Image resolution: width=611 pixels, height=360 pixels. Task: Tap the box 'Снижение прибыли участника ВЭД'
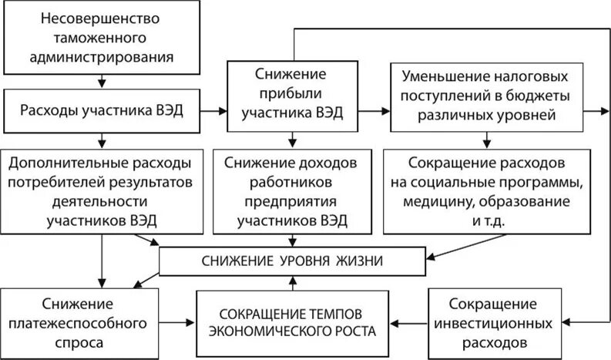click(292, 95)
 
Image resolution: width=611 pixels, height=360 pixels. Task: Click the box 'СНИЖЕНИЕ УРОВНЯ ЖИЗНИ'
click(292, 262)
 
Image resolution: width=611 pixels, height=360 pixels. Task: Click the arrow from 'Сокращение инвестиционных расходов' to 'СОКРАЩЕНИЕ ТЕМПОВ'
click(408, 320)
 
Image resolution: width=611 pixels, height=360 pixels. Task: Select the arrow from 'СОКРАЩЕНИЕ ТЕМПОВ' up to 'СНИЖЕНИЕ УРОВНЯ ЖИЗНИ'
click(292, 283)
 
